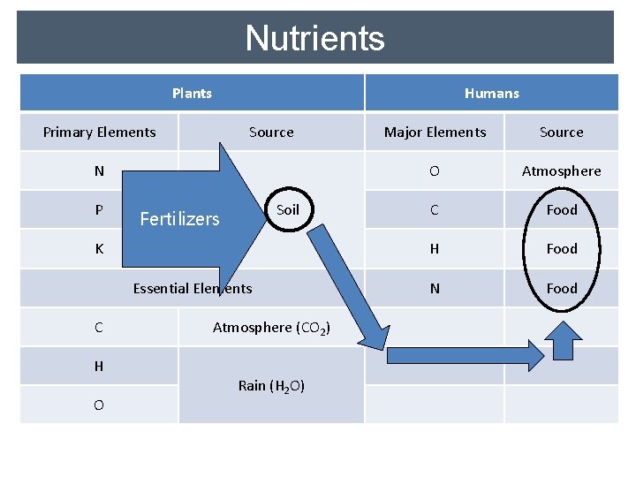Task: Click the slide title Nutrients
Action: (314, 38)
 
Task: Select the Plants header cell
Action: (192, 93)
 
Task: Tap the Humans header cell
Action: (491, 93)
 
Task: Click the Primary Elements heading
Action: (99, 132)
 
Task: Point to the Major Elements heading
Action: (435, 132)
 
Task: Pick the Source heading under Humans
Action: (561, 132)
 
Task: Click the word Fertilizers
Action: (179, 219)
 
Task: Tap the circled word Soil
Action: (288, 210)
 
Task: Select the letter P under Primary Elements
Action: (99, 210)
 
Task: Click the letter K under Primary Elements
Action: (99, 249)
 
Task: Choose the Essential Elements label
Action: (192, 288)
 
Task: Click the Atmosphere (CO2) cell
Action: (271, 328)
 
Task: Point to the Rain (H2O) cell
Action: (271, 386)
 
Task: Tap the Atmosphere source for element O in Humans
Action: (561, 171)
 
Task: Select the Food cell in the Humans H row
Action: (561, 249)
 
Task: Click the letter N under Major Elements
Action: (435, 288)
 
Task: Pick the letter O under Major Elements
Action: (435, 171)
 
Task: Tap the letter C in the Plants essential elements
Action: (99, 328)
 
